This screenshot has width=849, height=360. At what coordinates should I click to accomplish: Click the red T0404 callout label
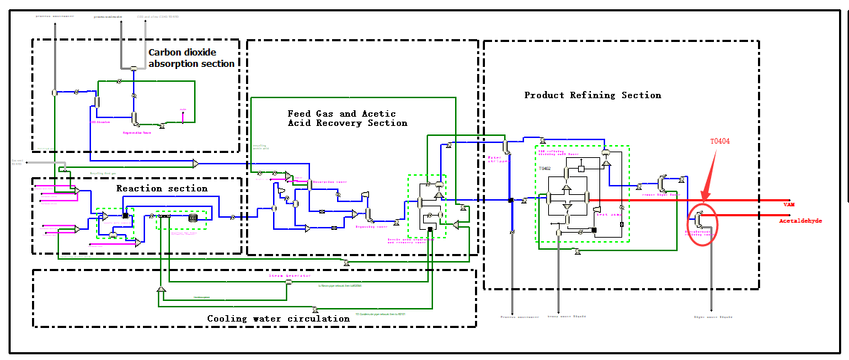720,142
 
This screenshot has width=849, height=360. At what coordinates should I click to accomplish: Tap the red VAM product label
788,205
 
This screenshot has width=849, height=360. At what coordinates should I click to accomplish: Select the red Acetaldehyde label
800,221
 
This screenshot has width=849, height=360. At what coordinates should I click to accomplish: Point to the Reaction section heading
162,189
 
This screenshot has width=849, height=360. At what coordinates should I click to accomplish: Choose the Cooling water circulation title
278,319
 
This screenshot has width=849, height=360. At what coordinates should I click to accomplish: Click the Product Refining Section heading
592,95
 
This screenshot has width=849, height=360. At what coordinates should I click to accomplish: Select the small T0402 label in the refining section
545,169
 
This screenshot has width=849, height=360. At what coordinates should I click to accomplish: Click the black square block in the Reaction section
125,216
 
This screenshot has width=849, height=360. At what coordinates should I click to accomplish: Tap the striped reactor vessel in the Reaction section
192,218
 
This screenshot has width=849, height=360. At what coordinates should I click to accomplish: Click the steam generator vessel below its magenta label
288,282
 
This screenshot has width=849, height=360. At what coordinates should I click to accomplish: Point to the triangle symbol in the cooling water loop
161,290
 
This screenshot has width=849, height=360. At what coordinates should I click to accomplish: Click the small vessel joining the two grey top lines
133,68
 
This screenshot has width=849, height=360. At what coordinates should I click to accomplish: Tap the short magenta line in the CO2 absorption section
183,116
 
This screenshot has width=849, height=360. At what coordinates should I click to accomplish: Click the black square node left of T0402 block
511,201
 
